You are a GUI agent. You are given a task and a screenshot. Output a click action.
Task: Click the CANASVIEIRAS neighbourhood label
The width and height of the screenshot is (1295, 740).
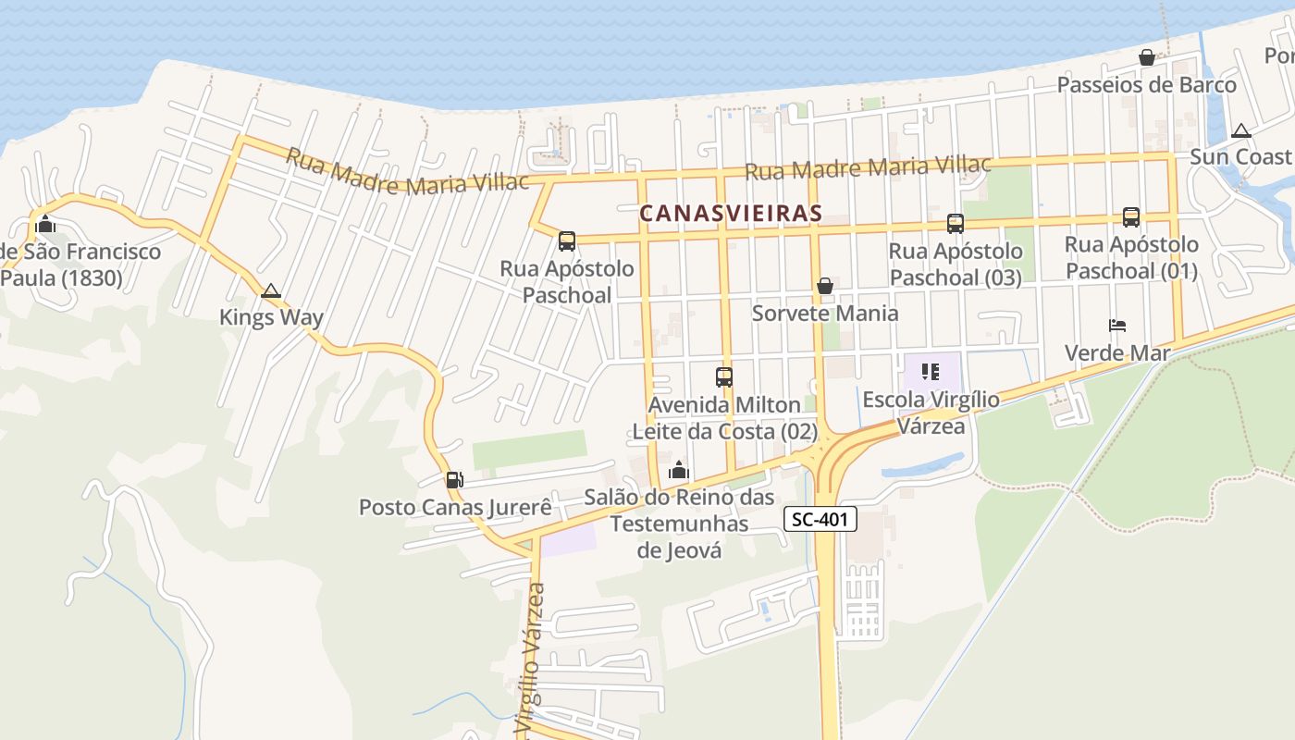[731, 213]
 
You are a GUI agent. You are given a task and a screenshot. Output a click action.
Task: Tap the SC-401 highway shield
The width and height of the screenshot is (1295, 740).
[820, 520]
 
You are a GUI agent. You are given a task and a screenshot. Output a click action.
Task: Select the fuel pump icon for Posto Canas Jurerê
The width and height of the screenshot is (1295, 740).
[454, 479]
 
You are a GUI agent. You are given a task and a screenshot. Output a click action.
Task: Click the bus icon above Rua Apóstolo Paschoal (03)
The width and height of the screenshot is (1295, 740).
[956, 223]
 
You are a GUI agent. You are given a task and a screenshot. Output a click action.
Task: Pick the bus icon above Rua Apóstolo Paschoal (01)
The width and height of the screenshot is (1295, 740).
[1131, 216]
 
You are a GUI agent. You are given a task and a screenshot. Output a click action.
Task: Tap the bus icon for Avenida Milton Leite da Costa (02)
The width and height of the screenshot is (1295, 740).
[724, 376]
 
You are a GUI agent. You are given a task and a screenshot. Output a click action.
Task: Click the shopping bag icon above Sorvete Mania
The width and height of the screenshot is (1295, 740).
[824, 286]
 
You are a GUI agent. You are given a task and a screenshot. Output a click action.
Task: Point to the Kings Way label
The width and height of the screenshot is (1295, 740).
[271, 317]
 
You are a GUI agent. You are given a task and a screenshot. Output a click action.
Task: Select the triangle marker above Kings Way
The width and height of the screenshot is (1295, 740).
[271, 291]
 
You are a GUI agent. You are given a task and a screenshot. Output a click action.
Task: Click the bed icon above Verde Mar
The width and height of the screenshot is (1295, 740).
[1117, 326]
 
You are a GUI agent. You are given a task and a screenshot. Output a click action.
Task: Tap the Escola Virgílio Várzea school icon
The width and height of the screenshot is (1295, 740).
[931, 372]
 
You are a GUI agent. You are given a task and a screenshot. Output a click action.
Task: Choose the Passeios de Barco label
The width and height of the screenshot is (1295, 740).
[1146, 85]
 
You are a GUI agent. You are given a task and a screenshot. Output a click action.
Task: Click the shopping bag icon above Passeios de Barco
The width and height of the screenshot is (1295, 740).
[1147, 57]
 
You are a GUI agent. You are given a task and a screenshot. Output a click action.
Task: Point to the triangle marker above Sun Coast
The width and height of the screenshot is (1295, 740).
[1241, 130]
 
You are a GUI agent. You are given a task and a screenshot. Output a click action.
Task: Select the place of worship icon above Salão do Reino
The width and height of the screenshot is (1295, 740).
[679, 471]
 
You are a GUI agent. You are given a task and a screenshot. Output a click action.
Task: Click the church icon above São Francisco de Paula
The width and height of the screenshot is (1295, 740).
[45, 224]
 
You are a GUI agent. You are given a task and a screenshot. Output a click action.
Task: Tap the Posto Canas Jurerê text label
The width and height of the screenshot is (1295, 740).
[455, 507]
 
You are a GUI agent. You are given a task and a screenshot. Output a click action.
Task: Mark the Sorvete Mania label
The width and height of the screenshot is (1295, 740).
[824, 313]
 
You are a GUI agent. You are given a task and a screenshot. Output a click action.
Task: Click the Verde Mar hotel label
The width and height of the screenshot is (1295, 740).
[1117, 352]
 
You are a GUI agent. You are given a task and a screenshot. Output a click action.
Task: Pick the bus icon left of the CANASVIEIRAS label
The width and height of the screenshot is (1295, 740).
[567, 241]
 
